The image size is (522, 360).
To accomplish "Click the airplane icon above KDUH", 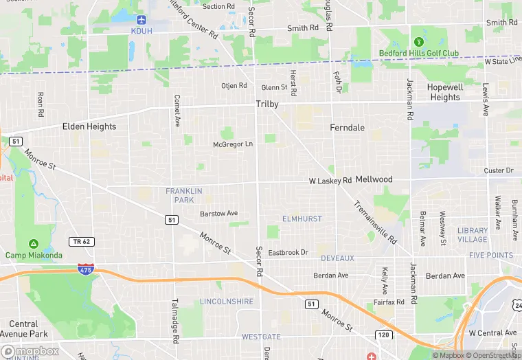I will click(141, 19).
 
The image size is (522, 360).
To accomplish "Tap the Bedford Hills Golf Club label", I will click(418, 53).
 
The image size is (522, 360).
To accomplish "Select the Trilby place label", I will click(267, 104).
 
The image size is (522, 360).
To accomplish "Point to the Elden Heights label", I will click(89, 126).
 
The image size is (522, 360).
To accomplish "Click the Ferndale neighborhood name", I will click(347, 128).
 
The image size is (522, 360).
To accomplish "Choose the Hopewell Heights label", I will click(444, 93).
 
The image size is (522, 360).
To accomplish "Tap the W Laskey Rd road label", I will click(330, 180).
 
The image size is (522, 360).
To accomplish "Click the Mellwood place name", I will click(374, 179).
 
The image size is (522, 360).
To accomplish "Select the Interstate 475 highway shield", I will click(87, 269).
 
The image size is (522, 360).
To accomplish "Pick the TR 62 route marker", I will click(81, 241).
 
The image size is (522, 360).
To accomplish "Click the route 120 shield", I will click(383, 334).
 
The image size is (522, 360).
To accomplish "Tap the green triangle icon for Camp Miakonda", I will click(33, 244).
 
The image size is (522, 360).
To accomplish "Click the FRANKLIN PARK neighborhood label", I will click(179, 195).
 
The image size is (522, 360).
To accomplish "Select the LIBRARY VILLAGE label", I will click(473, 235).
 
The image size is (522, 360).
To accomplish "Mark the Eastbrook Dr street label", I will click(288, 253).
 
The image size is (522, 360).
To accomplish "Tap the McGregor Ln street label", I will click(233, 144).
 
